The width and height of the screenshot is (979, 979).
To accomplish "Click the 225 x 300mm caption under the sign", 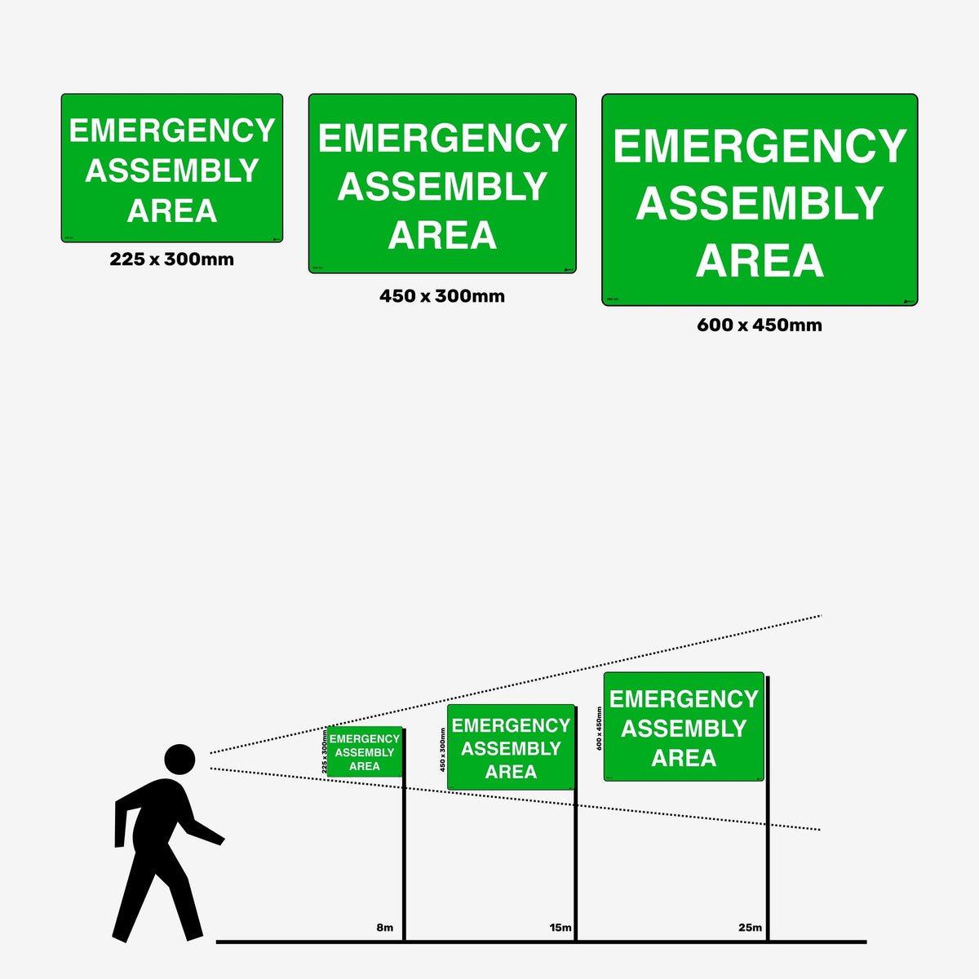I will click(x=172, y=259).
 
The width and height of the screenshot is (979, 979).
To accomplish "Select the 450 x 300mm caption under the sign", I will click(x=442, y=296).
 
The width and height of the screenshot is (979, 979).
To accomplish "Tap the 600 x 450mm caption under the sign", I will click(x=760, y=325).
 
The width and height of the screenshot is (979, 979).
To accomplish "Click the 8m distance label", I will click(x=384, y=928).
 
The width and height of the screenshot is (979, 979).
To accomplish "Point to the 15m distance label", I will click(x=560, y=928).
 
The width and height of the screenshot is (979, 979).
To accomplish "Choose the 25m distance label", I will click(x=750, y=928).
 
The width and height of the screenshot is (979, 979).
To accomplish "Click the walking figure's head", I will click(x=179, y=759).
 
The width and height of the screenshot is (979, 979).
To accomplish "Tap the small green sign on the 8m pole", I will click(x=365, y=751).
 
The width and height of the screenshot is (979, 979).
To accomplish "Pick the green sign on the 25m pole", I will click(x=684, y=727).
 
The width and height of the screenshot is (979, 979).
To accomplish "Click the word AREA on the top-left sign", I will click(x=172, y=210).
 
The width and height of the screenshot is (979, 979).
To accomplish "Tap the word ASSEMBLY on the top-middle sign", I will click(x=442, y=187).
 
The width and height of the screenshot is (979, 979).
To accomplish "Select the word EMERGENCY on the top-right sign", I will click(x=760, y=146).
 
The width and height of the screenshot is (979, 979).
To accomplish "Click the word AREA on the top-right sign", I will click(x=760, y=261).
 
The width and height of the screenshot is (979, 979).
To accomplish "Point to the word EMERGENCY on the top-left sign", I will click(x=172, y=131).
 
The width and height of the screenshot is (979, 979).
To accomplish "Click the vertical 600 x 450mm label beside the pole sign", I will click(x=599, y=729).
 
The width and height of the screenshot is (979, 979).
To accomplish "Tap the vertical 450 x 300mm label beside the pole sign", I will click(x=443, y=750).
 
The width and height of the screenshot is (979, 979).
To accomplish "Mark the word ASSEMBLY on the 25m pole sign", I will click(x=684, y=729).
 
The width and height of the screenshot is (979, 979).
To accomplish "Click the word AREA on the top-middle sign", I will click(x=442, y=236).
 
